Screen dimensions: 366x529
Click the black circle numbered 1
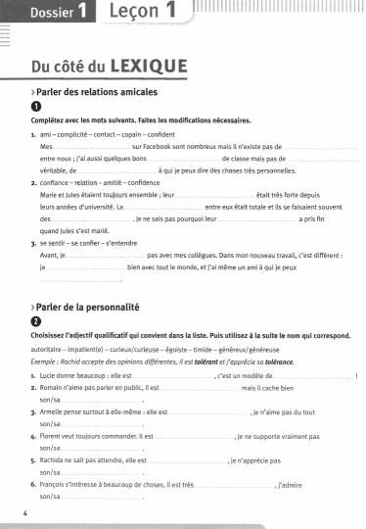click(x=36, y=107)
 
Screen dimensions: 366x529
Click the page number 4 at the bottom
click(x=23, y=512)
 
